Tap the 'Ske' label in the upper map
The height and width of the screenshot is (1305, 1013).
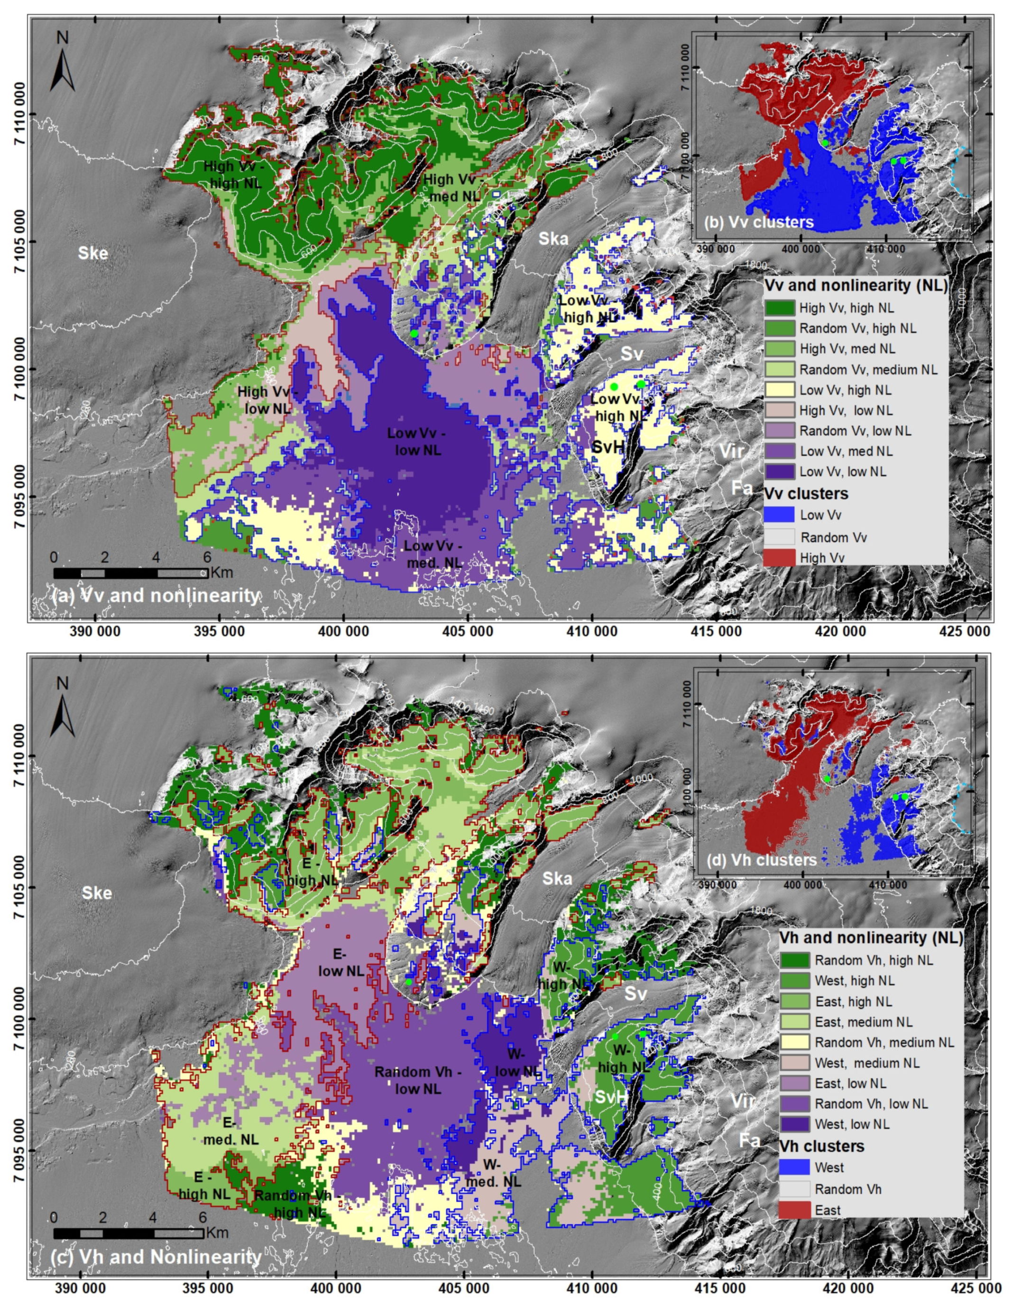coord(93,253)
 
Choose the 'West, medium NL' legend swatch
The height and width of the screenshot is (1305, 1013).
coord(794,1062)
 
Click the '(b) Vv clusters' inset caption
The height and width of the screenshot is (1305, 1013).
coord(759,222)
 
